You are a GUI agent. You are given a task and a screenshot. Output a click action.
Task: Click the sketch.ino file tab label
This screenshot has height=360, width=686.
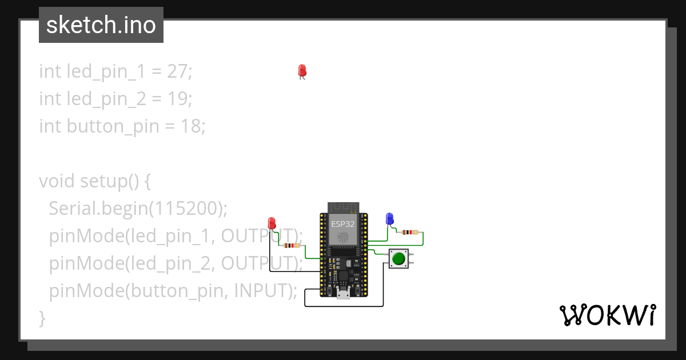[101, 25]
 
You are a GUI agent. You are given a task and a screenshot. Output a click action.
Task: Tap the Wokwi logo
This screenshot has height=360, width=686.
[607, 315]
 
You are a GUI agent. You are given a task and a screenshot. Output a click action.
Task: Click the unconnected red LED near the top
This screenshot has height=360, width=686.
[302, 71]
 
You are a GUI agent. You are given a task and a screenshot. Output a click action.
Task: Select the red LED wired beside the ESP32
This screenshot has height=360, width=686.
[272, 222]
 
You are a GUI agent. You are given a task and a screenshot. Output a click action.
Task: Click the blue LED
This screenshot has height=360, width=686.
[390, 218]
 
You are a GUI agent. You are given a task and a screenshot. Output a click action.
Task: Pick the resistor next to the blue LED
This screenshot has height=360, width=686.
[409, 233]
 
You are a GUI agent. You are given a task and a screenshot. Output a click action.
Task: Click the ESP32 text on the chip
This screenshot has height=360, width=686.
[343, 223]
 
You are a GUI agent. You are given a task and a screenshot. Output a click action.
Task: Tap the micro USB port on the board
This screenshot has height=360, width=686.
[343, 294]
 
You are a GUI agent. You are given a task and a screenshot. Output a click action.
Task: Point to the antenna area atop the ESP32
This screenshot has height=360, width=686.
[343, 207]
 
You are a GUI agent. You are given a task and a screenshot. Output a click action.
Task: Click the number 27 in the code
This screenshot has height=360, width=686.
[178, 71]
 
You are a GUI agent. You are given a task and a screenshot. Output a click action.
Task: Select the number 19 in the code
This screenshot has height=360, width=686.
[178, 99]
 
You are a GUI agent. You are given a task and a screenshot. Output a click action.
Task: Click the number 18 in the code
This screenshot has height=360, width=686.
[190, 126]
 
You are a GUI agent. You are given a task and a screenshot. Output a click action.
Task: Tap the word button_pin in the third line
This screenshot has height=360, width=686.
[113, 126]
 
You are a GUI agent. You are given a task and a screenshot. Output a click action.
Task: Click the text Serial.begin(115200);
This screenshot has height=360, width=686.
[138, 209]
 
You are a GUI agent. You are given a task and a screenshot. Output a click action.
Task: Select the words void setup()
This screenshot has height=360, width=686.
[89, 181]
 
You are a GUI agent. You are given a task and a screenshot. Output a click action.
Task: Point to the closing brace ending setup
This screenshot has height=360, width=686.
[42, 317]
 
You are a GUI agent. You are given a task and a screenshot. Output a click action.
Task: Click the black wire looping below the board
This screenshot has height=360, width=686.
[343, 306]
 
